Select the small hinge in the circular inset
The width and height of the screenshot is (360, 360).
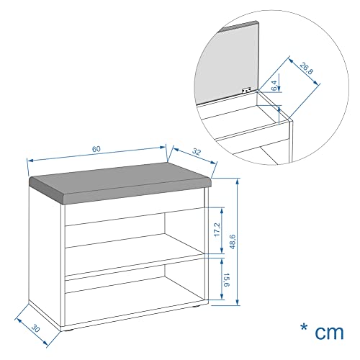click(246, 90)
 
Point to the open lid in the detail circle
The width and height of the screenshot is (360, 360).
click(230, 65)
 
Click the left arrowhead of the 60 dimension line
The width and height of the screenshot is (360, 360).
click(29, 159)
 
